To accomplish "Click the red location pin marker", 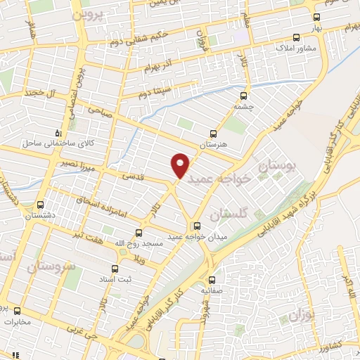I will pyautogui.click(x=181, y=165).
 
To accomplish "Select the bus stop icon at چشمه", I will pyautogui.click(x=244, y=96).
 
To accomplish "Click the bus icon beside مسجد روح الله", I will pyautogui.click(x=138, y=232).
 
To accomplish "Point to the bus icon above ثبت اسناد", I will pyautogui.click(x=116, y=268).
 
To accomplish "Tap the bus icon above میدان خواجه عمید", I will pyautogui.click(x=196, y=226).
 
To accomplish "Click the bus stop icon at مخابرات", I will pyautogui.click(x=17, y=311).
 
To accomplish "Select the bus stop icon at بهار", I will pyautogui.click(x=316, y=17).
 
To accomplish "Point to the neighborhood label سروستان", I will pyautogui.click(x=53, y=267).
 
